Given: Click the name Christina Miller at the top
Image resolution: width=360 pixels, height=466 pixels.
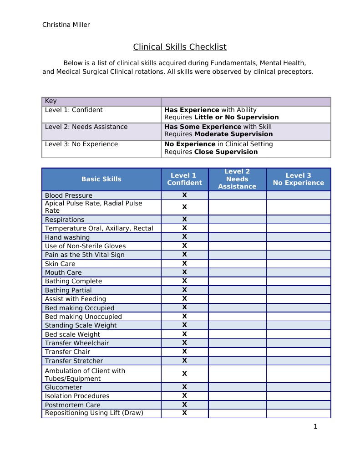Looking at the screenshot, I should (66, 25).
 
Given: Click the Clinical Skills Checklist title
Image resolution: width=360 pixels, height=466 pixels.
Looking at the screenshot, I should (179, 47).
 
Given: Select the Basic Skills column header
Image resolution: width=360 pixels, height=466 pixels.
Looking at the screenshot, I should (101, 179).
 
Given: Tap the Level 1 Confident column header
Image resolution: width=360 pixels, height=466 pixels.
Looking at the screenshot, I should (184, 179).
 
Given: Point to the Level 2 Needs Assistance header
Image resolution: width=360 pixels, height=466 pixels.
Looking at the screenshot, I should (237, 179).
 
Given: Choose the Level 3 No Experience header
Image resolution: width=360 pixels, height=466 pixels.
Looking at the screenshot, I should (298, 179).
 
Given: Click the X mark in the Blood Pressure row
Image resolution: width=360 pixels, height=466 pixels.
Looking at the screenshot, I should (185, 195).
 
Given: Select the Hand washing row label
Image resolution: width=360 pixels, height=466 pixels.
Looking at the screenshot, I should (67, 237).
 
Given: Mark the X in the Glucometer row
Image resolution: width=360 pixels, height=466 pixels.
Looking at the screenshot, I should (185, 387).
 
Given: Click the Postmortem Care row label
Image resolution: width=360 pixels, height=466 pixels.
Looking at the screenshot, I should (72, 405).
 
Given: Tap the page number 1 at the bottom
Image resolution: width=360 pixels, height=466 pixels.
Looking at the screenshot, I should (315, 427).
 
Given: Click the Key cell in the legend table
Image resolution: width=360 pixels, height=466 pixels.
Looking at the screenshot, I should (51, 101).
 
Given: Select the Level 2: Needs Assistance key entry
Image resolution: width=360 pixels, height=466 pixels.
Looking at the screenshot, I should (86, 127).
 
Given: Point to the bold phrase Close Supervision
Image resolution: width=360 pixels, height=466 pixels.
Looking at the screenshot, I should (226, 152).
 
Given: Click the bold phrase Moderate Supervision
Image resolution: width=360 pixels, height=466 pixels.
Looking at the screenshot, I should (233, 134).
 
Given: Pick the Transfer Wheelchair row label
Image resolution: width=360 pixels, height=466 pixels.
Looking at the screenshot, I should (77, 343).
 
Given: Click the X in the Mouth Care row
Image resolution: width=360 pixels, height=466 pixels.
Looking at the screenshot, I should (185, 272).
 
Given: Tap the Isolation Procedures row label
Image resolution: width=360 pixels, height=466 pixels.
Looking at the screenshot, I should (77, 396).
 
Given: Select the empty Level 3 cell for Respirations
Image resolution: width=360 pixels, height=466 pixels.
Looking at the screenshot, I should (298, 219).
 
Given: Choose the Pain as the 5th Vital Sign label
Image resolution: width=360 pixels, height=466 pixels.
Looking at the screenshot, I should (85, 255).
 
